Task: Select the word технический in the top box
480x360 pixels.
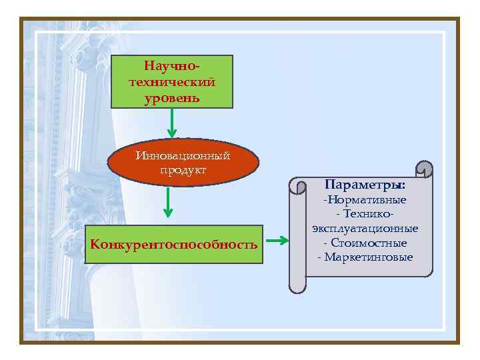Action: pyautogui.click(x=171, y=83)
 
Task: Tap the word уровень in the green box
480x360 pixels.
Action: pyautogui.click(x=171, y=98)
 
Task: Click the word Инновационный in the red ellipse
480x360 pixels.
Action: pyautogui.click(x=182, y=155)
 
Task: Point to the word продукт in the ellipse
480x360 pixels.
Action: pyautogui.click(x=183, y=170)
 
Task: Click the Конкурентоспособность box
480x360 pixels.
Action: pyautogui.click(x=173, y=244)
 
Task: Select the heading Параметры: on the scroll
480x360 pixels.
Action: pyautogui.click(x=365, y=183)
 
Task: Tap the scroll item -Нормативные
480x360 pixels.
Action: pyautogui.click(x=365, y=200)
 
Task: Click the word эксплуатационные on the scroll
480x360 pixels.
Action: pyautogui.click(x=365, y=229)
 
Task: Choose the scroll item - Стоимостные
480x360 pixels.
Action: pyautogui.click(x=365, y=243)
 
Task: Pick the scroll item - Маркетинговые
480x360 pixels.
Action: pyautogui.click(x=365, y=257)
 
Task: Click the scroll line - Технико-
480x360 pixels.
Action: pyautogui.click(x=365, y=214)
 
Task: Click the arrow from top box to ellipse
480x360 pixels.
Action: pyautogui.click(x=171, y=123)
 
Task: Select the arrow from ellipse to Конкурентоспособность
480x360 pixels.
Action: pyautogui.click(x=168, y=203)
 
